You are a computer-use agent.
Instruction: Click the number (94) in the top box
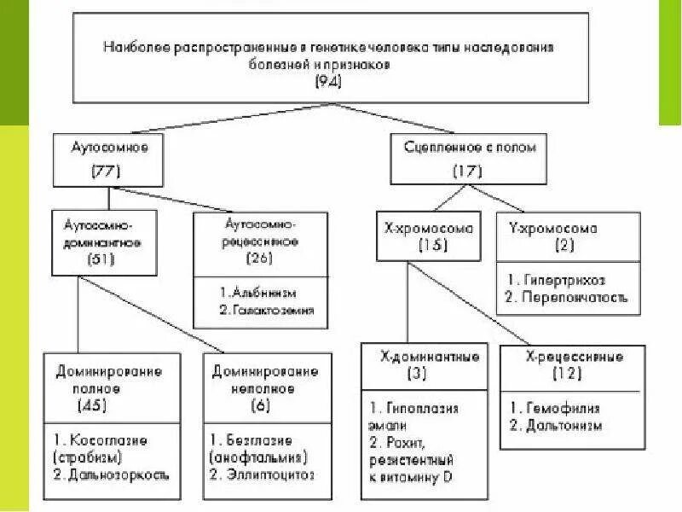pos(329,82)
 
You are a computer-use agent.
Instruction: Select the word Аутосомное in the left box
pos(109,148)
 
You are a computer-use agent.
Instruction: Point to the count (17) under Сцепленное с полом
pos(469,171)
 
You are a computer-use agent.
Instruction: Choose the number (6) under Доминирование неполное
pos(261,405)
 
